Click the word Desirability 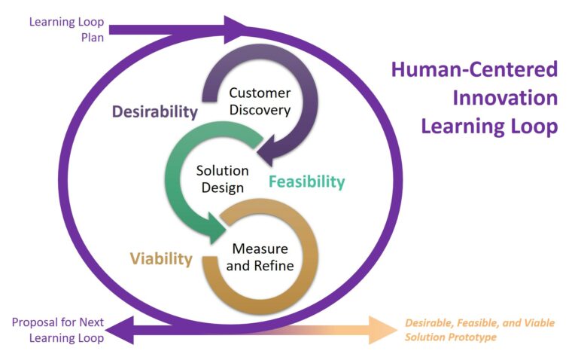point(155,111)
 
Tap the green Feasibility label point(307,182)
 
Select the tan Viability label point(161,258)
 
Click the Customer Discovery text point(260,102)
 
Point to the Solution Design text point(222,179)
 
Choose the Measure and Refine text point(260,257)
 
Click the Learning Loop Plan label point(67,29)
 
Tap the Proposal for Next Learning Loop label point(58,330)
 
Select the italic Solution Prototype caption point(479,330)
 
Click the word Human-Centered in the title point(474,70)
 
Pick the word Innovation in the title point(505,98)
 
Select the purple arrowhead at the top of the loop point(235,29)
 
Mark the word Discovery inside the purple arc point(260,110)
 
